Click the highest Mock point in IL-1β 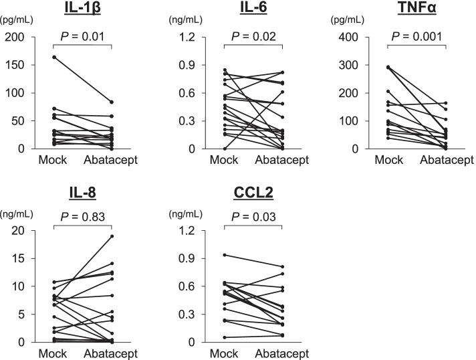point(54,58)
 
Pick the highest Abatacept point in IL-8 point(111,236)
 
